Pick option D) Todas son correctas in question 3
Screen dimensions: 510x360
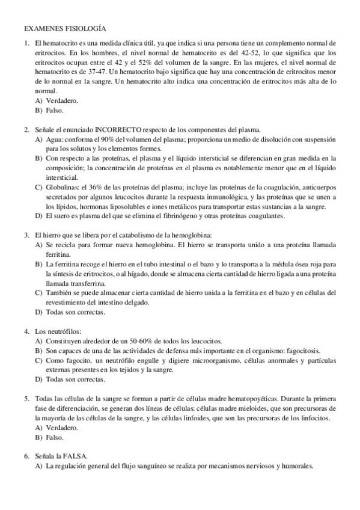(x=70, y=312)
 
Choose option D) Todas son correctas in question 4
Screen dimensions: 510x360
(x=70, y=379)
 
